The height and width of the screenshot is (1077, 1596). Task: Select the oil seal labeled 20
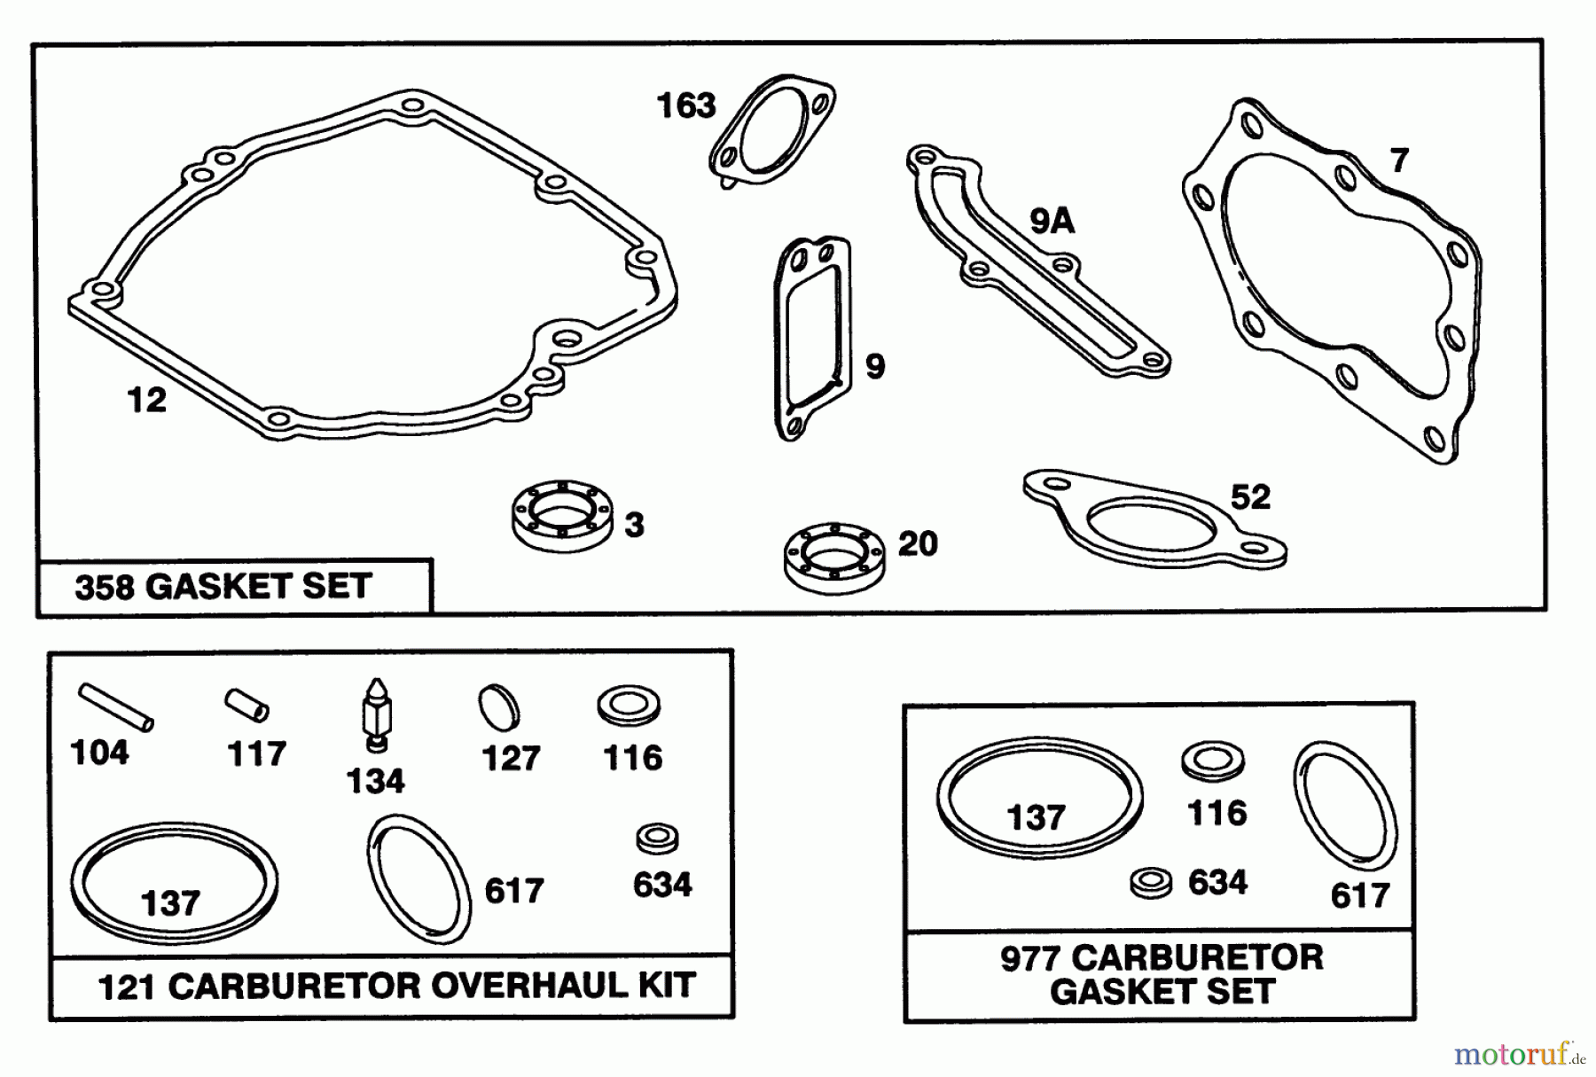pyautogui.click(x=833, y=558)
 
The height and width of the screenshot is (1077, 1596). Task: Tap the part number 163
pyautogui.click(x=685, y=106)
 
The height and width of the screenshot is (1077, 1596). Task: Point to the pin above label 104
pyautogui.click(x=115, y=706)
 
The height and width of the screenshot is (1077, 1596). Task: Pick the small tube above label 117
pyautogui.click(x=246, y=706)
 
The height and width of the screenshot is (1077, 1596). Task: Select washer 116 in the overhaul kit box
pyautogui.click(x=628, y=706)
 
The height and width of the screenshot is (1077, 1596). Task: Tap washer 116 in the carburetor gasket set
pyautogui.click(x=1213, y=761)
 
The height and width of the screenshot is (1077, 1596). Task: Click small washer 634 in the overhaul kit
pyautogui.click(x=658, y=838)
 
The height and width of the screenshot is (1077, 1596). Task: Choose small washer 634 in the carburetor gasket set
pyautogui.click(x=1151, y=882)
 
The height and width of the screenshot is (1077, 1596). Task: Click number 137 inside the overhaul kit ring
pyautogui.click(x=170, y=904)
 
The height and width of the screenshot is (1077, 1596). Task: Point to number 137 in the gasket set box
pyautogui.click(x=1036, y=817)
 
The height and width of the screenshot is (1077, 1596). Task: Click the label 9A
pyautogui.click(x=1052, y=221)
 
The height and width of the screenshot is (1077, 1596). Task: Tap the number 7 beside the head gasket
pyautogui.click(x=1398, y=160)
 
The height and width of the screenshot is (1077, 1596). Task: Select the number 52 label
pyautogui.click(x=1250, y=497)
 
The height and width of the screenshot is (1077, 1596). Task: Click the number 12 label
pyautogui.click(x=146, y=401)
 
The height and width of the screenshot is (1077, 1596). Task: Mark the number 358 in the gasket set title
pyautogui.click(x=104, y=587)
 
